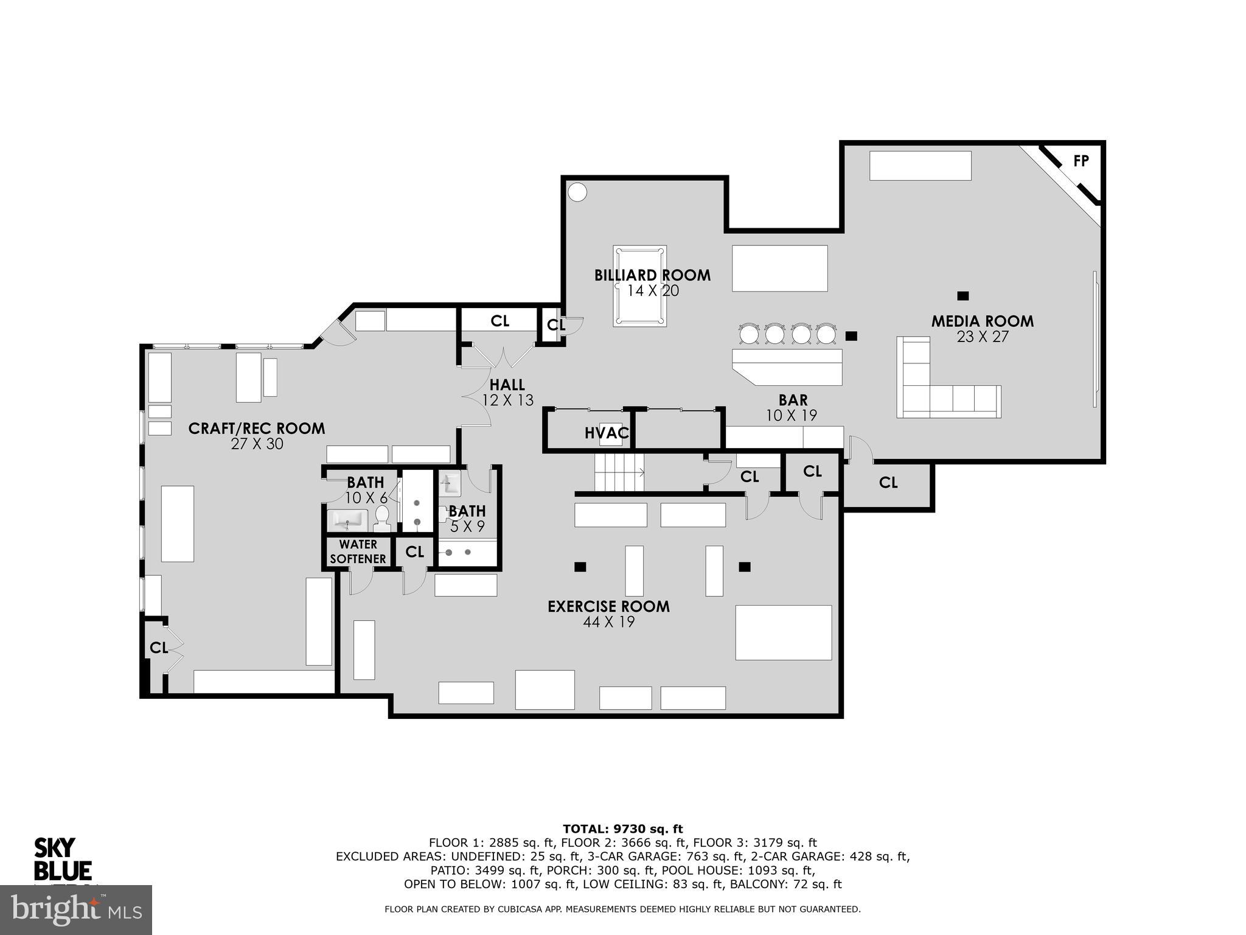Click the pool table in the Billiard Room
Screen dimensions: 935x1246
(639, 286)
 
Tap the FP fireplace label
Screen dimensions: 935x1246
(1081, 161)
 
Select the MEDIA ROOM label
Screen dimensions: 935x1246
(982, 321)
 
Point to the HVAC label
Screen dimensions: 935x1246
(606, 433)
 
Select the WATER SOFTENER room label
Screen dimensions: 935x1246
(358, 551)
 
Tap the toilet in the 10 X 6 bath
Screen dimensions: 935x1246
(382, 518)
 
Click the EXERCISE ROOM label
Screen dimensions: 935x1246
(608, 606)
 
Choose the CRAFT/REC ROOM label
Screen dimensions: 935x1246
(256, 429)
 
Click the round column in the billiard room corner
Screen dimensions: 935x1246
(577, 192)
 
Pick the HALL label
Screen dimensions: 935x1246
(507, 385)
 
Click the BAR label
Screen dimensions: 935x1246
(793, 400)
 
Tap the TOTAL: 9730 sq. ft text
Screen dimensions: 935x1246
(622, 828)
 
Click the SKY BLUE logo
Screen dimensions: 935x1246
(62, 859)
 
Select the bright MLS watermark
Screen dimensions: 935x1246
(75, 909)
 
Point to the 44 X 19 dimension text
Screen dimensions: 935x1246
(608, 622)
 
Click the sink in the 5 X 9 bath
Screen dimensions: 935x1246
(450, 484)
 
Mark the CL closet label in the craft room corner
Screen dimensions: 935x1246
(159, 648)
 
